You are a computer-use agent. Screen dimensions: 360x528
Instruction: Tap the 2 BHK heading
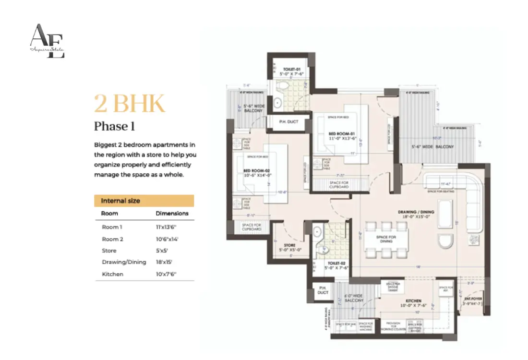129,104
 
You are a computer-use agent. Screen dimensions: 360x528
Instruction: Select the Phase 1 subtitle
114,126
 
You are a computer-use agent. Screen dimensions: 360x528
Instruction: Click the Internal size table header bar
144,201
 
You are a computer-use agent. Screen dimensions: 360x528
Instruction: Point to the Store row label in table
109,251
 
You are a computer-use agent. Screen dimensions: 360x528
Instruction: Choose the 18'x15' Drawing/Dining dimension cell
164,262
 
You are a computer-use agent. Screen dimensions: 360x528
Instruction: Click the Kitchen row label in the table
112,274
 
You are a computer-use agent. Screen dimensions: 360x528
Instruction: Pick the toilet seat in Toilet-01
283,86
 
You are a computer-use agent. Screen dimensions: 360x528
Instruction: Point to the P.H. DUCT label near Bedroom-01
289,121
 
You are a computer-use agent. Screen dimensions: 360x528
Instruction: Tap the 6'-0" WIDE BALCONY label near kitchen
350,299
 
